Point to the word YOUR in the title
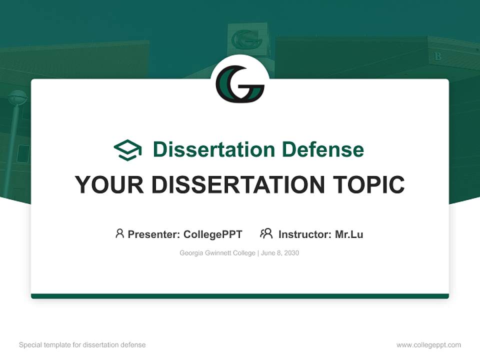coord(109,185)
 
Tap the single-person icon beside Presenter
coord(119,233)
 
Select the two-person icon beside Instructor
coord(266,233)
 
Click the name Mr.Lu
coord(349,234)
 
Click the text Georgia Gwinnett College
coord(217,253)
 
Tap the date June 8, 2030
coord(280,253)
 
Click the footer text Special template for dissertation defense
coord(82,345)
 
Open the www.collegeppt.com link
coord(428,345)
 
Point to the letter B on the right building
coord(438,56)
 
